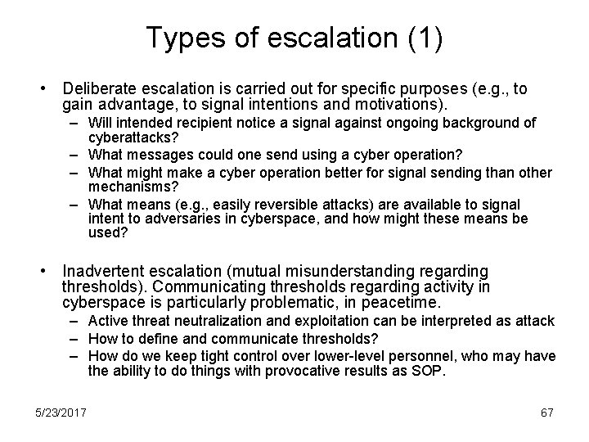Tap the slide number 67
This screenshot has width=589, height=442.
546,413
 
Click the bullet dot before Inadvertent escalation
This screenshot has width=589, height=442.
51,272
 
